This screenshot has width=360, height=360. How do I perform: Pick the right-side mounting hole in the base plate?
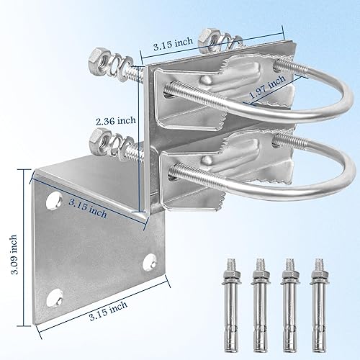pyautogui.click(x=150, y=258)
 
